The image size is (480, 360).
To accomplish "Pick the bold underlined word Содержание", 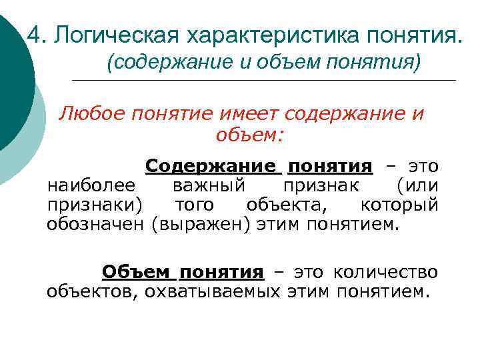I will (209, 165).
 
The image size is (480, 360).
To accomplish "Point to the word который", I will (399, 204).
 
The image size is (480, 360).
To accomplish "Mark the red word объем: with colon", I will (250, 135).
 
